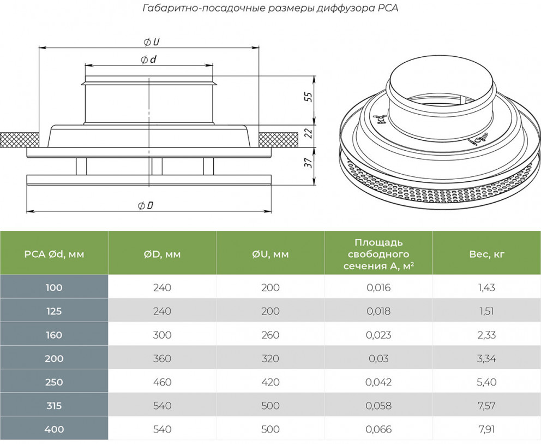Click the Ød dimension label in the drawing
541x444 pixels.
pos(148,60)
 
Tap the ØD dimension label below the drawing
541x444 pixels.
pos(145,205)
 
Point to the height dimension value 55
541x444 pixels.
pos(308,97)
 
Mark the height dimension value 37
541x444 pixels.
pos(308,162)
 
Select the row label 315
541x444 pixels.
pos(54,406)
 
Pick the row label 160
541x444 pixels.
pos(54,335)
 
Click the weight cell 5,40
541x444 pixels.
pos(486,382)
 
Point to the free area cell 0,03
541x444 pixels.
pos(378,358)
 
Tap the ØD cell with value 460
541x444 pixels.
pos(162,382)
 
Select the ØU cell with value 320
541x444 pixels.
pos(270,358)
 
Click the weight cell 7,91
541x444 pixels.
pos(486,429)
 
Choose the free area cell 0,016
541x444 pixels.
pos(378,287)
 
